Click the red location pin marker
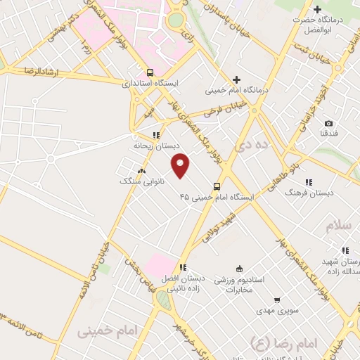tap(181, 165)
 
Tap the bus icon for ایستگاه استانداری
tap(150, 72)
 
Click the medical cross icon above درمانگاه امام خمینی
tap(237, 79)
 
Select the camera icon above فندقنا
tap(328, 123)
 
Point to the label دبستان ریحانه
tap(153, 146)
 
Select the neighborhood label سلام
tap(337, 226)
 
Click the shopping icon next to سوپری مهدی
tap(276, 300)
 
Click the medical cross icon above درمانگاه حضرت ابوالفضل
tap(318, 10)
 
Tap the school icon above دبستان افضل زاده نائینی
tap(183, 267)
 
